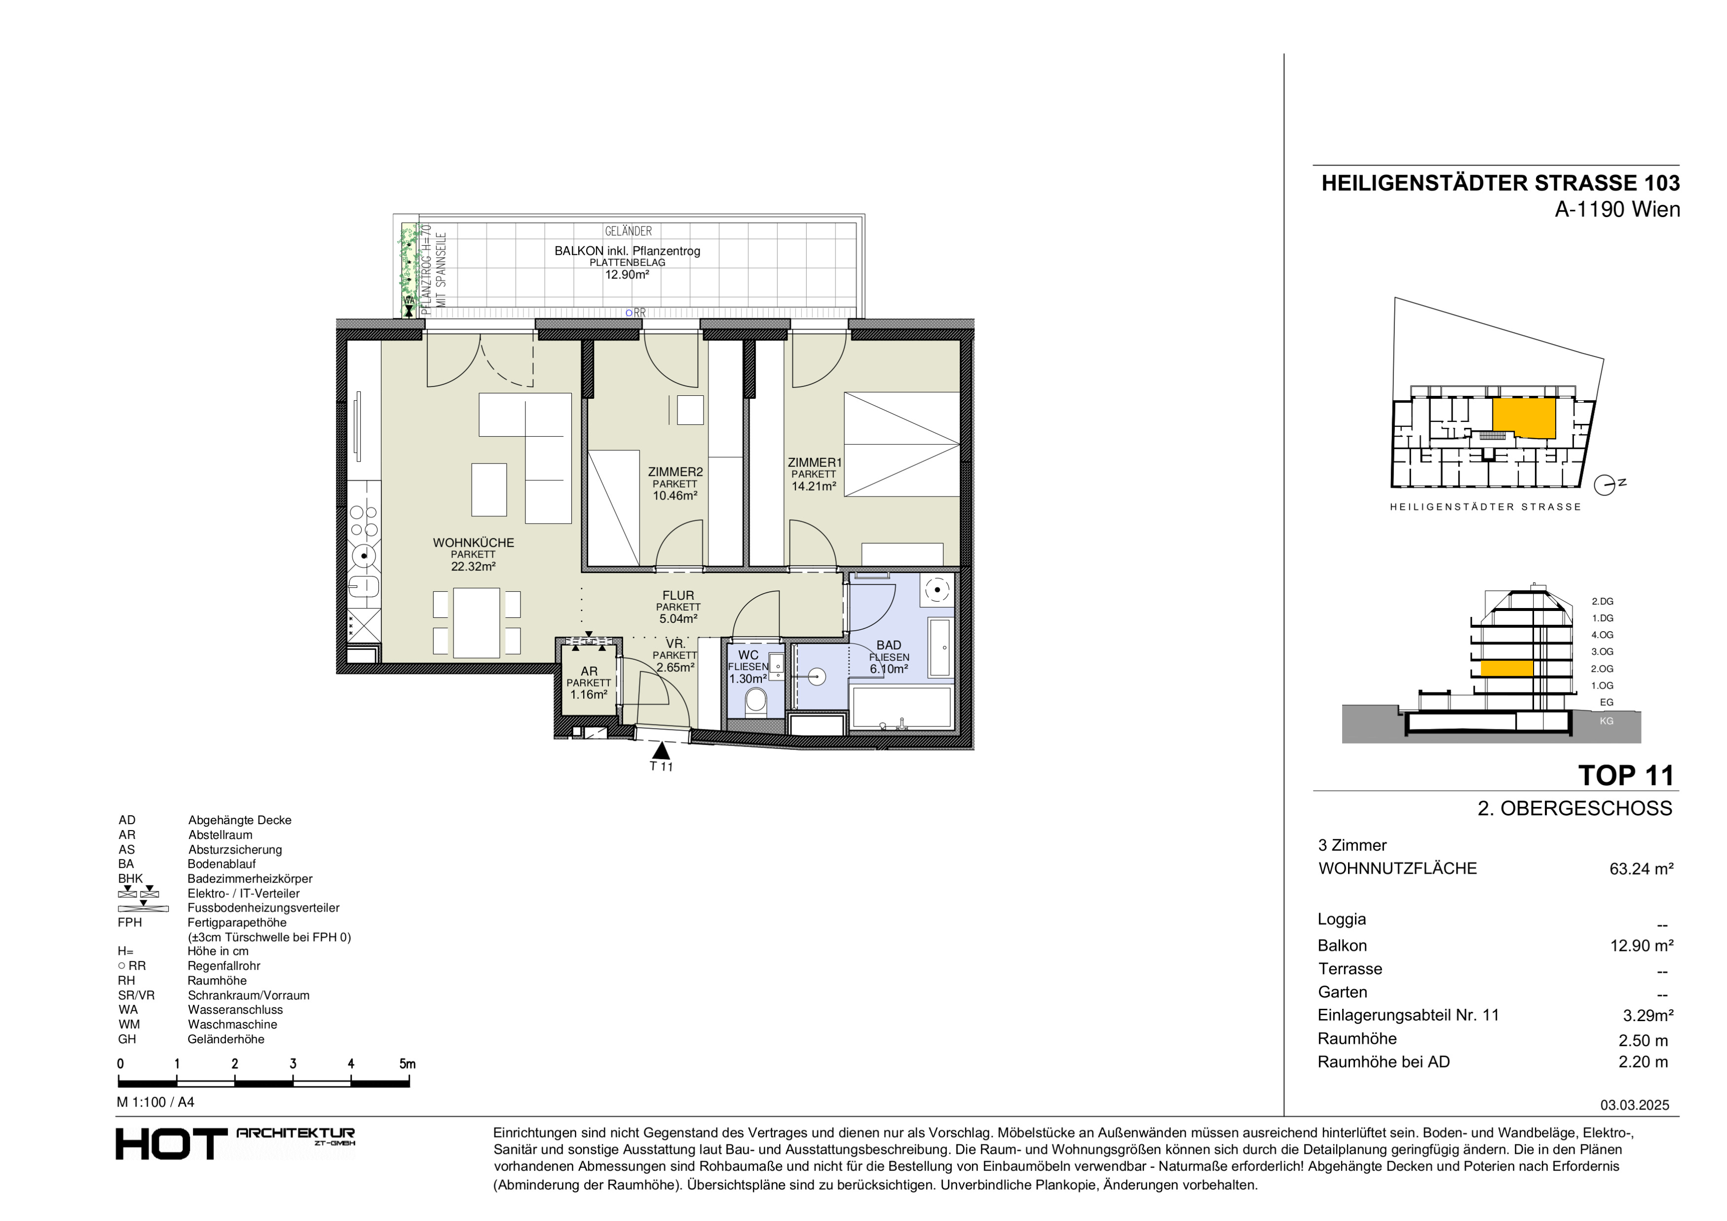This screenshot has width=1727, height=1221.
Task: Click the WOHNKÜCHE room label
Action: tap(473, 542)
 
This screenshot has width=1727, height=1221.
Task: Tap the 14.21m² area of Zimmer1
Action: tap(814, 487)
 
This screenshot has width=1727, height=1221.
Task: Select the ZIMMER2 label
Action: tap(676, 472)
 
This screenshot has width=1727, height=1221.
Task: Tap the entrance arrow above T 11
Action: tap(661, 750)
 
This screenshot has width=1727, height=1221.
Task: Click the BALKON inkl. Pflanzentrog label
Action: tap(627, 251)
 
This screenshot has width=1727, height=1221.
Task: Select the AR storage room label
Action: tap(589, 671)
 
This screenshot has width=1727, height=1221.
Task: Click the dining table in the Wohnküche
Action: tap(476, 622)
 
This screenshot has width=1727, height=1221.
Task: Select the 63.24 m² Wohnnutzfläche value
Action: tap(1641, 869)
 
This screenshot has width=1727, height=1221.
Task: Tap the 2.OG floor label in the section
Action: tap(1602, 669)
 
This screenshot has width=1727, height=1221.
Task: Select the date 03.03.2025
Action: tap(1634, 1105)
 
